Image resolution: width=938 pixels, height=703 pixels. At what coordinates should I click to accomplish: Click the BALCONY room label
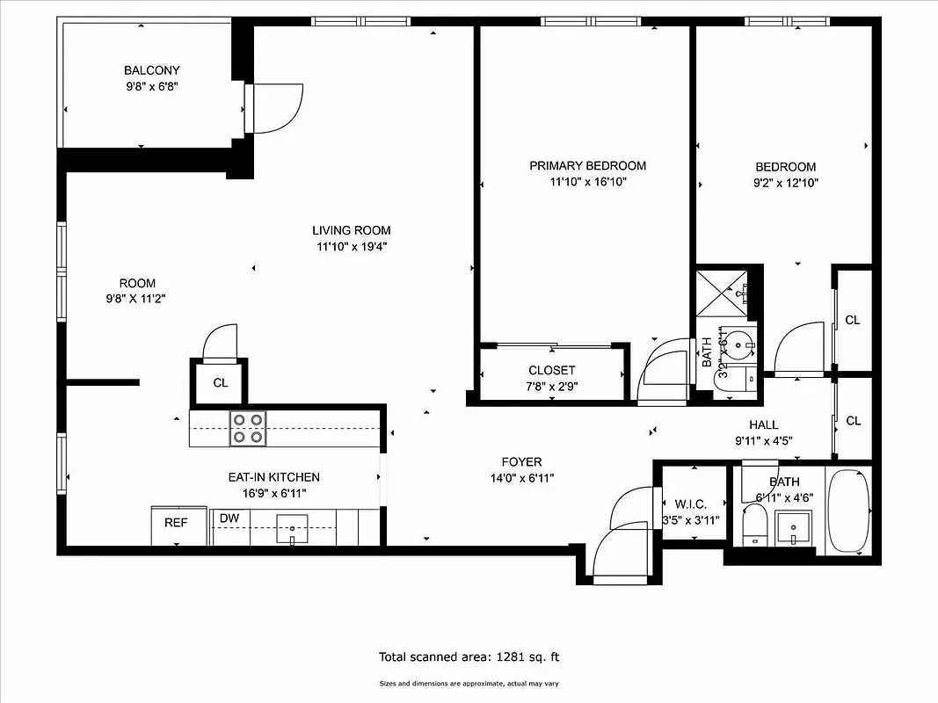point(151,70)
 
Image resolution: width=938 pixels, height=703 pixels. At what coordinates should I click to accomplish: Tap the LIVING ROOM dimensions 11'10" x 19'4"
point(351,247)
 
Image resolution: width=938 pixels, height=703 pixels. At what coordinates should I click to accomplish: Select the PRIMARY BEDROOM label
point(587,165)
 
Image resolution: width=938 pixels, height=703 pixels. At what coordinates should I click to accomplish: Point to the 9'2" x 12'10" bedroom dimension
point(785,184)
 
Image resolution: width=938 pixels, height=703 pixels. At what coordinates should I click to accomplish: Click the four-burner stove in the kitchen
point(248,429)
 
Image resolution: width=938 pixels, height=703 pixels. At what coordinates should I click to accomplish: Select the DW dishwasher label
point(229,518)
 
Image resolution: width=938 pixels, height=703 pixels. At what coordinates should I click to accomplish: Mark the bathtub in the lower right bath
point(848,511)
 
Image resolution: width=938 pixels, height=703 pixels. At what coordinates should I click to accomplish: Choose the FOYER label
point(521,461)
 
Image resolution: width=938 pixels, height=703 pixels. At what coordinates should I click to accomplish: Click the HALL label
point(764,424)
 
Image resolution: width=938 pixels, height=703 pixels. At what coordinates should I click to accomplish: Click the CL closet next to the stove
point(220,382)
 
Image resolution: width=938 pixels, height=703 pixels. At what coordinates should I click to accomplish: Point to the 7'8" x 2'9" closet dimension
point(552,385)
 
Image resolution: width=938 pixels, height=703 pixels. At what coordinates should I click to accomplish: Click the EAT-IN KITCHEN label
point(273,477)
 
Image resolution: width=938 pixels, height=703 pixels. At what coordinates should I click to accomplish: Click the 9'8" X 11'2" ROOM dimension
point(137,299)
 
